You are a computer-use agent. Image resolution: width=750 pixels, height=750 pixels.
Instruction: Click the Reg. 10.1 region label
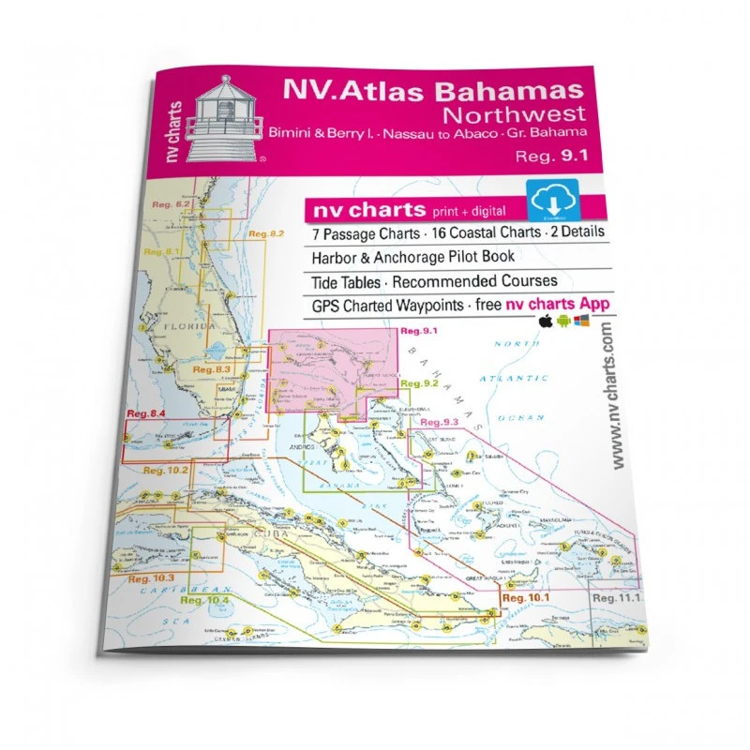tap(525, 596)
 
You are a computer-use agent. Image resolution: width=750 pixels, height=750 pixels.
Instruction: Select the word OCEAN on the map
tap(516, 416)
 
